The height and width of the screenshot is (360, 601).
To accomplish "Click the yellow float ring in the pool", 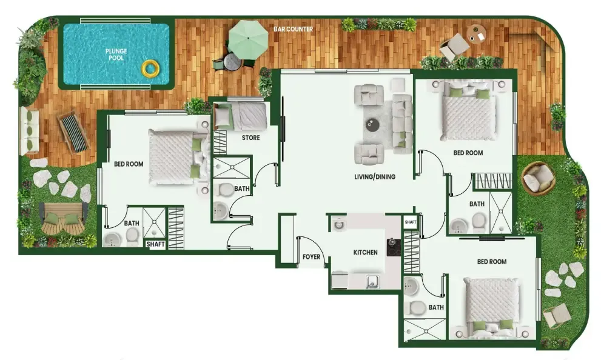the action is tap(150, 68).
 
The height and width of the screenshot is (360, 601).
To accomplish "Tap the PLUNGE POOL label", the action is tap(116, 55).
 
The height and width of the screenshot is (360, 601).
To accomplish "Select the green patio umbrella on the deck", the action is tap(249, 39).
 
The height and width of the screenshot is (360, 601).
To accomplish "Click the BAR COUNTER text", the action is tap(293, 29).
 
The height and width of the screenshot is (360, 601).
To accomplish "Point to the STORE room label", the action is tap(250, 138).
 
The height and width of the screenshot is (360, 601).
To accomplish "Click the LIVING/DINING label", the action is tap(374, 176).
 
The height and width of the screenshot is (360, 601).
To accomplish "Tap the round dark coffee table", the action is tap(372, 124).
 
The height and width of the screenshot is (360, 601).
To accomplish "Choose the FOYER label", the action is tap(311, 256).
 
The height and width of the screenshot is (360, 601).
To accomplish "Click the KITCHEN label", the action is tap(365, 252).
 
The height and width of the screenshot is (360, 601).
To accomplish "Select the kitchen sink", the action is tap(372, 282).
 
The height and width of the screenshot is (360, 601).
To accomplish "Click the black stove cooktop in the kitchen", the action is tap(394, 247).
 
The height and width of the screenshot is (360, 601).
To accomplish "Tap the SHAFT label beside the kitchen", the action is tap(411, 222).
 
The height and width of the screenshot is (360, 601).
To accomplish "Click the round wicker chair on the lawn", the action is tap(538, 177).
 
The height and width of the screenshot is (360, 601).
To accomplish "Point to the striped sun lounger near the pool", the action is tap(73, 132).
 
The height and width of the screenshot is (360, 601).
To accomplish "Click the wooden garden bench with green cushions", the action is tap(63, 218).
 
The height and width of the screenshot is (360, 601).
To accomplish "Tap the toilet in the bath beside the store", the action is tap(225, 189).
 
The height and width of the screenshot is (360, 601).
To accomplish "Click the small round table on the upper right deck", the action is tap(477, 35).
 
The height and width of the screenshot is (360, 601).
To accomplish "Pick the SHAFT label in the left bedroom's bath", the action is tap(155, 244).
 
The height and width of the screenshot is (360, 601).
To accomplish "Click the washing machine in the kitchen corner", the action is tap(338, 224).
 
